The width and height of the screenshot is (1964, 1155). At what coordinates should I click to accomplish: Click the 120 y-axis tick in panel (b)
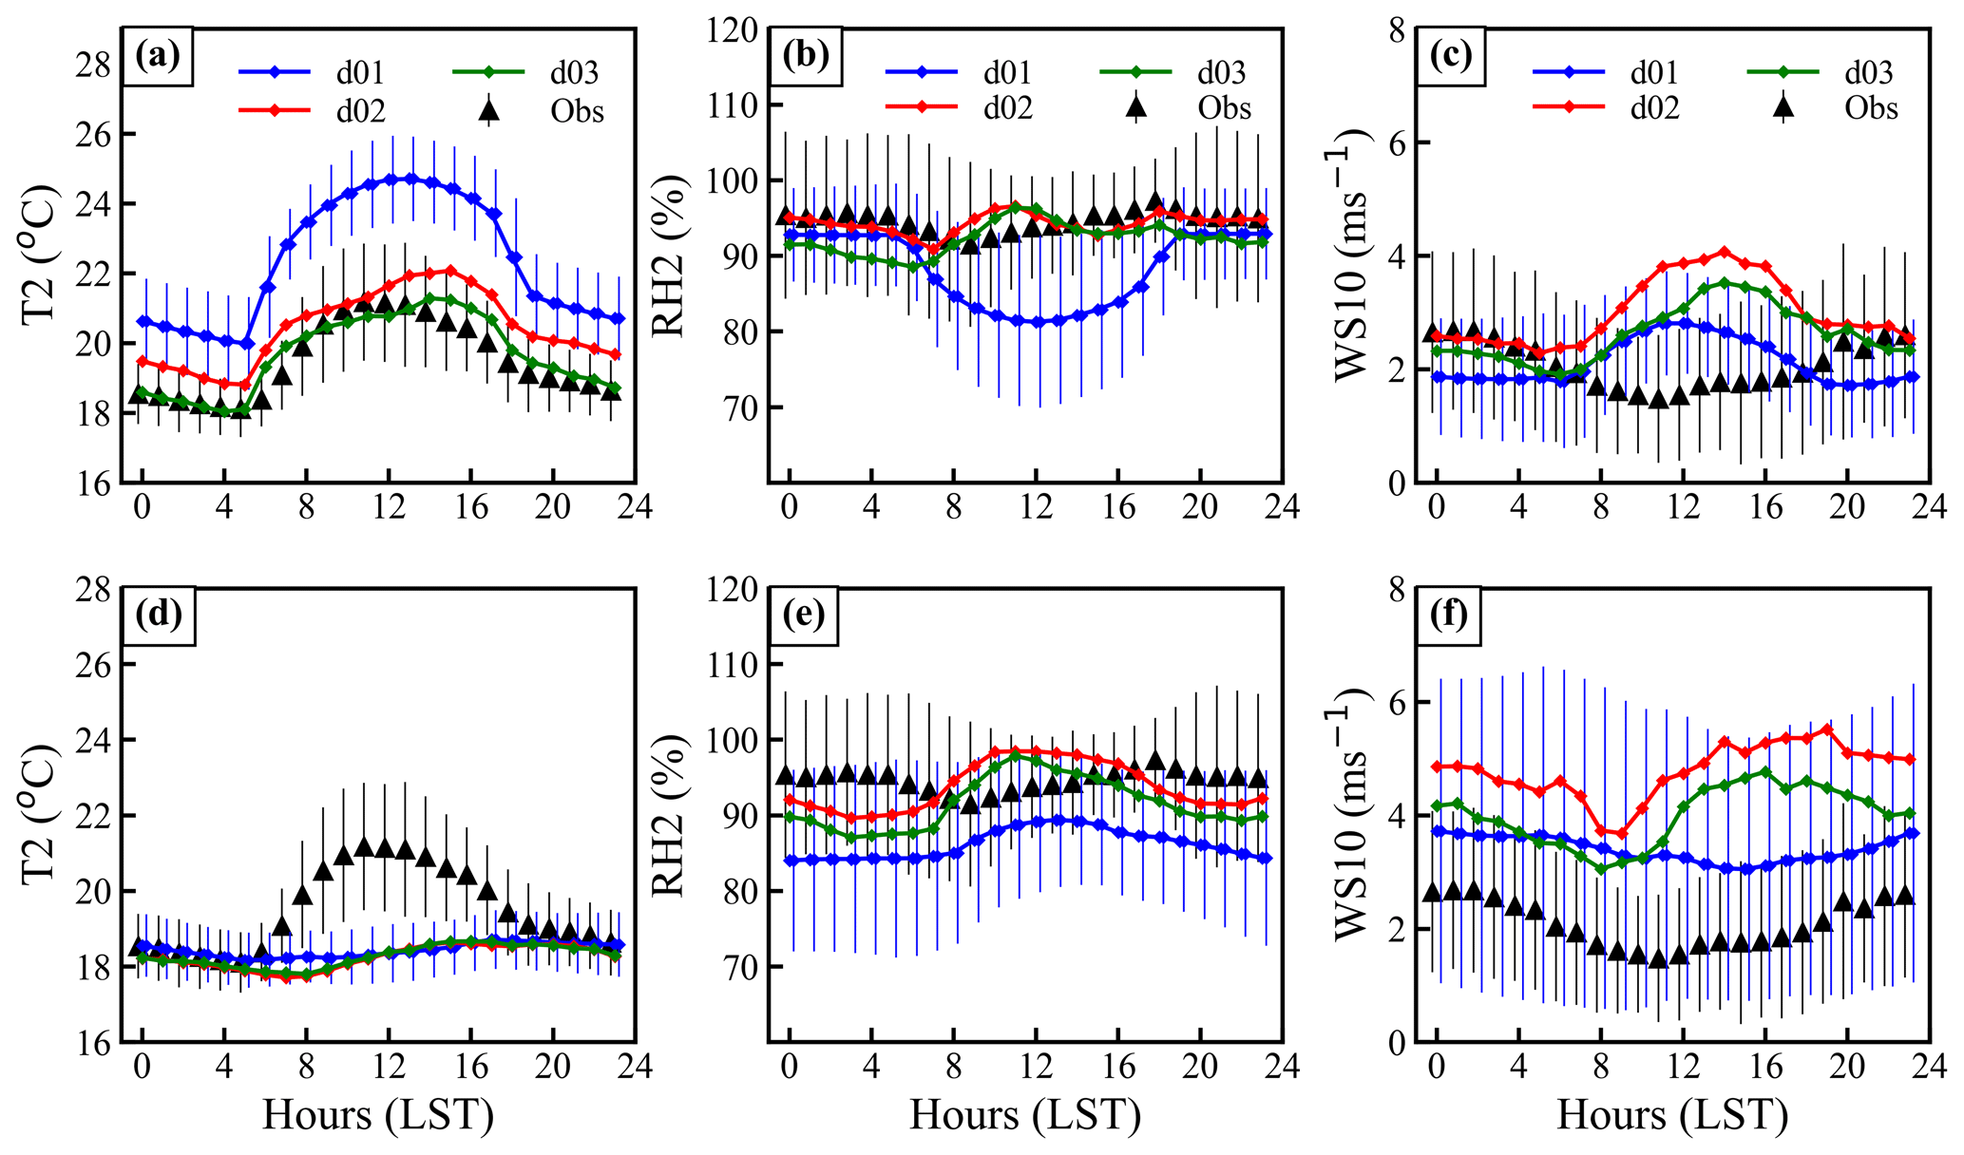pyautogui.click(x=734, y=29)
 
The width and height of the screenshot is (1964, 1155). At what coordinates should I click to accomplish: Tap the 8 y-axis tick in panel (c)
pyautogui.click(x=1396, y=29)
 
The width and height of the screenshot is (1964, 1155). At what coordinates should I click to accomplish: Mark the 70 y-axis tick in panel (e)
pyautogui.click(x=739, y=967)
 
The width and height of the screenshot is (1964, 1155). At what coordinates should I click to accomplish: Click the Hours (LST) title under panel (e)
pyautogui.click(x=1025, y=1115)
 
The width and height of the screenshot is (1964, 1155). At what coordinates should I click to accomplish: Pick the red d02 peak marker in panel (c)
pyautogui.click(x=1724, y=252)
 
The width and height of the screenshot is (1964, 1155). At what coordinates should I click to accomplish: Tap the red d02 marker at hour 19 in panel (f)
pyautogui.click(x=1826, y=729)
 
